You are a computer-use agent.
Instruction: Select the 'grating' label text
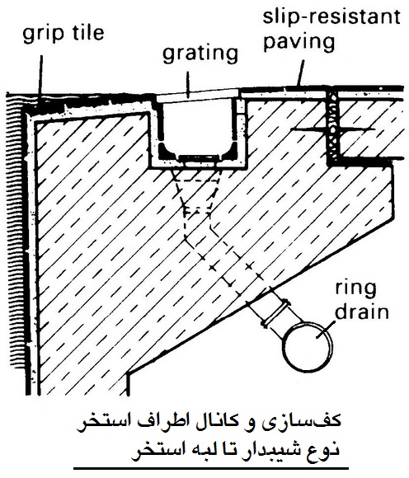click(x=200, y=55)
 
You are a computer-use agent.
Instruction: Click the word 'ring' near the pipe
click(x=355, y=289)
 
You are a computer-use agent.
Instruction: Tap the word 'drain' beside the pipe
click(x=362, y=312)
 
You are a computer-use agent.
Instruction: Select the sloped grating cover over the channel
click(x=198, y=94)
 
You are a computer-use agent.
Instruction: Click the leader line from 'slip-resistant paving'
click(x=301, y=73)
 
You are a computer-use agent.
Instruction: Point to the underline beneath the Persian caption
click(x=211, y=468)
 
